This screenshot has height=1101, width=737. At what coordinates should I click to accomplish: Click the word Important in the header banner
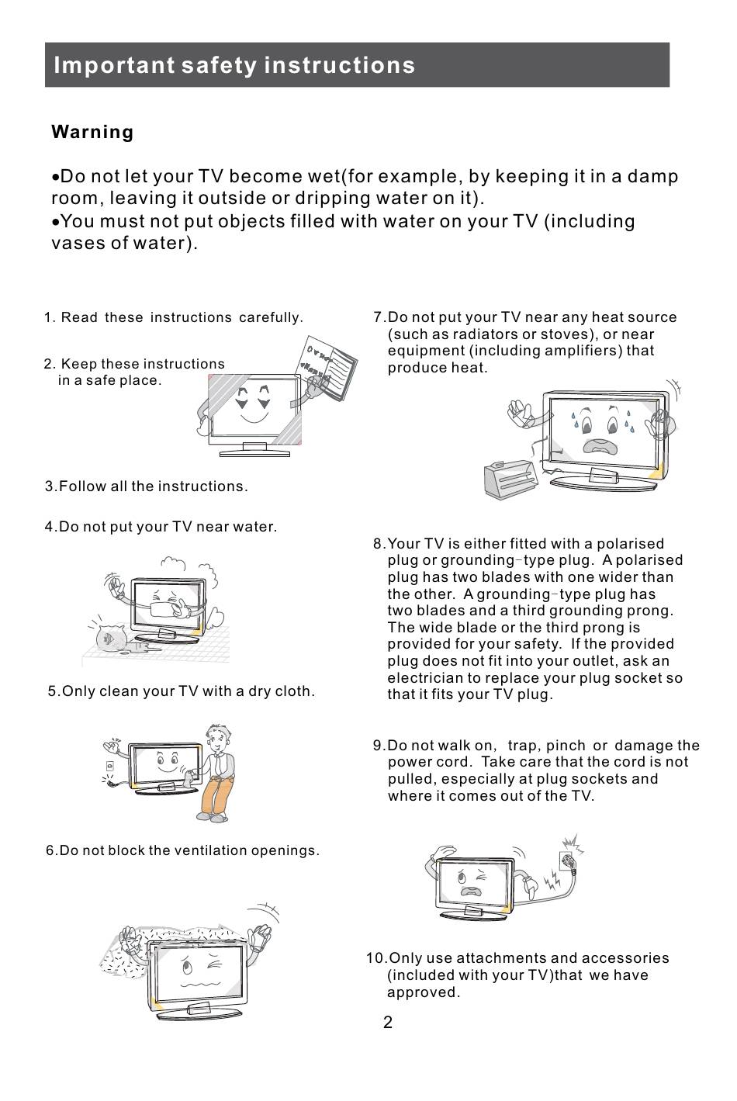tap(114, 65)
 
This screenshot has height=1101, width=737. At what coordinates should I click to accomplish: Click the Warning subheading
tap(92, 132)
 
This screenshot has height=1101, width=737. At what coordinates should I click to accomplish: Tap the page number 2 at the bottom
tap(388, 1023)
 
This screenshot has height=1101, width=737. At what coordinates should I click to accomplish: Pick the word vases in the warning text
tap(74, 243)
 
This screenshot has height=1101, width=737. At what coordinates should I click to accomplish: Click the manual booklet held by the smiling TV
tap(328, 367)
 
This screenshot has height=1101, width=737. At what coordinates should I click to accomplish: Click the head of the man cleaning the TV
tap(218, 738)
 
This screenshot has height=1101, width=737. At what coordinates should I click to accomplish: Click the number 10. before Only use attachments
tap(377, 958)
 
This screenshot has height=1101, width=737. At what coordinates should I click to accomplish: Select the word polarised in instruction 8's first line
tap(631, 544)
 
